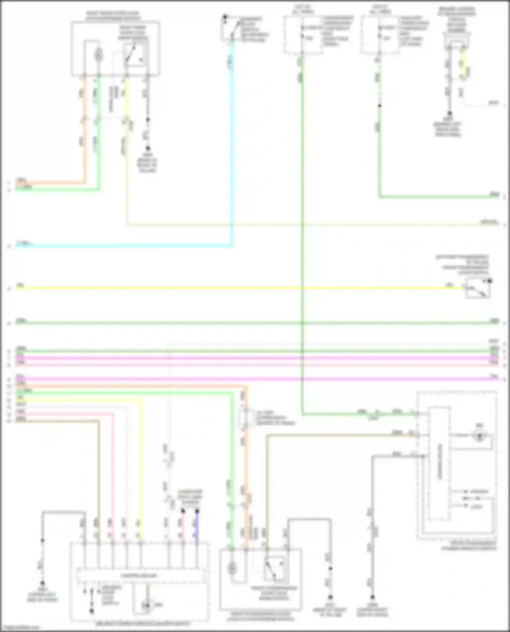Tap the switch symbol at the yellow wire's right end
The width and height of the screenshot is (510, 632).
[478, 289]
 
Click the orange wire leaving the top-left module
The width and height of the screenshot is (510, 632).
[84, 136]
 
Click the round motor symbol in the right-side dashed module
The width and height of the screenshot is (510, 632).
[479, 436]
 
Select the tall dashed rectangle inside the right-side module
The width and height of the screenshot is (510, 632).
[439, 464]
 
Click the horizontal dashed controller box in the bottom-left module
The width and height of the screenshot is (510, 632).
[141, 576]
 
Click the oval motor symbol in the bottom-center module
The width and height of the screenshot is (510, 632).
[232, 567]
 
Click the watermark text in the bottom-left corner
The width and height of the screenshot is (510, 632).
[20, 628]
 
